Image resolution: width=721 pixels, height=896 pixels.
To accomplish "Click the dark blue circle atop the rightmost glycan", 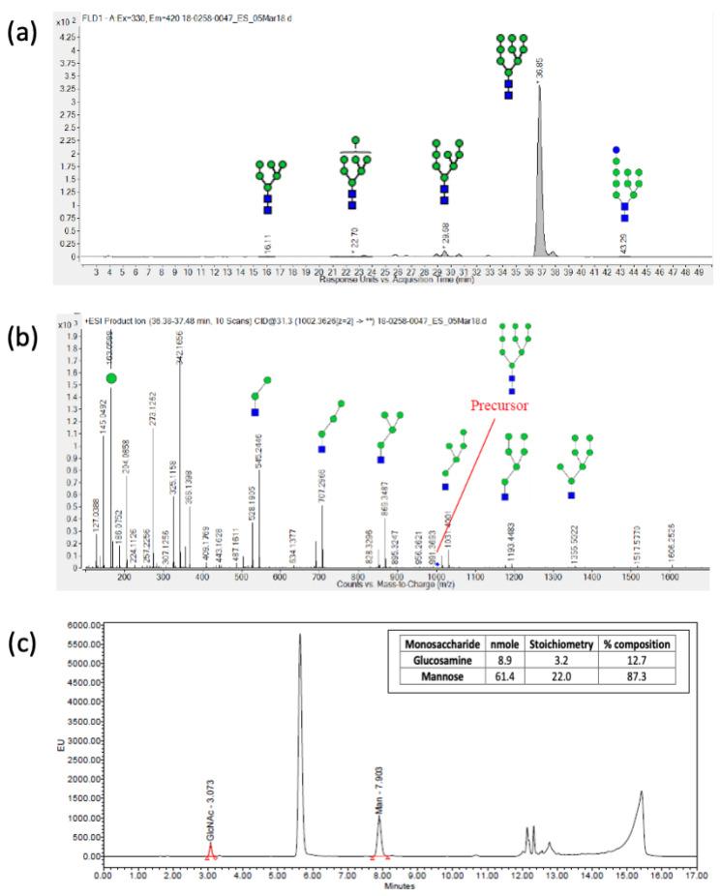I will [616, 151].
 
